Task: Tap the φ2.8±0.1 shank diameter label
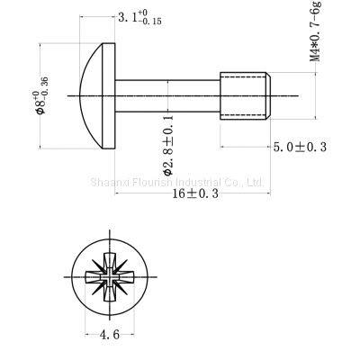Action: pos(168,144)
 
